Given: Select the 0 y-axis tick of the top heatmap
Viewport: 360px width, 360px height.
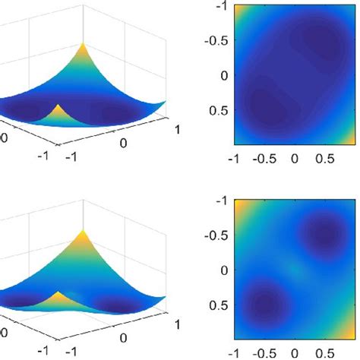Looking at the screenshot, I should pyautogui.click(x=223, y=75).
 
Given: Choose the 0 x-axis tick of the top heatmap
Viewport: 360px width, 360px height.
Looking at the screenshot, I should pyautogui.click(x=297, y=159).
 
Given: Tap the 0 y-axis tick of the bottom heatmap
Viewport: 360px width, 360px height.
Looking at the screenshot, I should pyautogui.click(x=223, y=270).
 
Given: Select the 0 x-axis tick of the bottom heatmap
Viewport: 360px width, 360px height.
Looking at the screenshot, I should pyautogui.click(x=297, y=352).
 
